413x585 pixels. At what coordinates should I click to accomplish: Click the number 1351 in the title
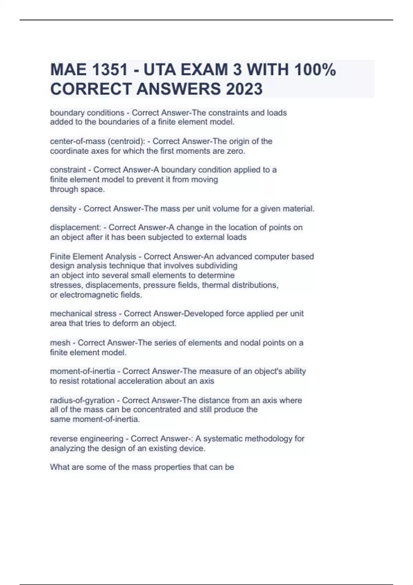click(x=110, y=70)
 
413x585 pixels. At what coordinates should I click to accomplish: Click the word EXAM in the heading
click(x=203, y=70)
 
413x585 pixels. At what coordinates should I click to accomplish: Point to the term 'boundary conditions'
click(x=87, y=113)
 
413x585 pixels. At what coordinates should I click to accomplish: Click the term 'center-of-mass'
click(x=78, y=141)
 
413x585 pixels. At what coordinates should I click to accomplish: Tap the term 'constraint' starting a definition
click(x=68, y=170)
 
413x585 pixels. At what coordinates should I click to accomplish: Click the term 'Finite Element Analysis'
click(x=93, y=257)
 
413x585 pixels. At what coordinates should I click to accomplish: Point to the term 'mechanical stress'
click(x=83, y=314)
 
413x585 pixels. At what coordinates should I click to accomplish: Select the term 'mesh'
click(x=60, y=343)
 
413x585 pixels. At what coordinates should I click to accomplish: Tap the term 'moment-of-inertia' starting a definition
click(x=83, y=371)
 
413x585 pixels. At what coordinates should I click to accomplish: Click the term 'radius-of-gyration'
click(x=82, y=401)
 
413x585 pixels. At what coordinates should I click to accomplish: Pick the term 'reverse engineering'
click(x=87, y=439)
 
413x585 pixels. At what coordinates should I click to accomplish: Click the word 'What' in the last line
click(x=59, y=467)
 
